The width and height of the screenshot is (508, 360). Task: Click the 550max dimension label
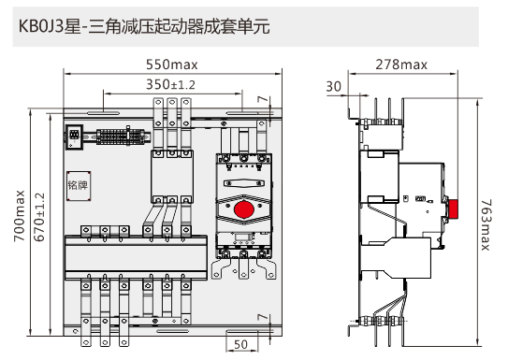[172, 65]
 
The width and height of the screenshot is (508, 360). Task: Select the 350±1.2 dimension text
[170, 84]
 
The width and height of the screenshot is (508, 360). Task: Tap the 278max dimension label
[401, 65]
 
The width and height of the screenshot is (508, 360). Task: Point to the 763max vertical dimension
[486, 224]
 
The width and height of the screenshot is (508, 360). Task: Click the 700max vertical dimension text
[20, 216]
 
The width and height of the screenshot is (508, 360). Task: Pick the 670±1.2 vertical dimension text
[39, 217]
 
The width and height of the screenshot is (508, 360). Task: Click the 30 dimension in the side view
[333, 87]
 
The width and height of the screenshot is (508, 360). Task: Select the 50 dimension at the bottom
[240, 344]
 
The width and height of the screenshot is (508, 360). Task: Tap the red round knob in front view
[243, 209]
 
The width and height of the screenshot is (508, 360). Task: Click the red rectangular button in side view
[452, 209]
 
